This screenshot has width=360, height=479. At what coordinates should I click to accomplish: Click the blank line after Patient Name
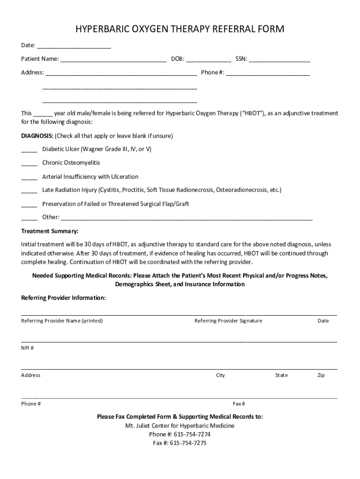click(113, 59)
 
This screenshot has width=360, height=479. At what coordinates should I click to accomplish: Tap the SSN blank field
click(280, 59)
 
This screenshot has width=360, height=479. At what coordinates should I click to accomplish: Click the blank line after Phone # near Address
click(268, 73)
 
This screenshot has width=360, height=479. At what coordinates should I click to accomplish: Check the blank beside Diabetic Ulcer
click(29, 150)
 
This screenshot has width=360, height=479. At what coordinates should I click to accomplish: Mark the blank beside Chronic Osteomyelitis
click(29, 164)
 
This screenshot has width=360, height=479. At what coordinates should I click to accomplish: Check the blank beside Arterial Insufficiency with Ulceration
click(29, 177)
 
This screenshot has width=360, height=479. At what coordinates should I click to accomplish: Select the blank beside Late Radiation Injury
click(29, 191)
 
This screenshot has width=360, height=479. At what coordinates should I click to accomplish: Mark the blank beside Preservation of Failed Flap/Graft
click(29, 205)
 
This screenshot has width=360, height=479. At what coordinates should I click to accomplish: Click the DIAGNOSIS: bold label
click(37, 136)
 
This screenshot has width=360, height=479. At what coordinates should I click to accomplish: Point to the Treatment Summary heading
click(50, 232)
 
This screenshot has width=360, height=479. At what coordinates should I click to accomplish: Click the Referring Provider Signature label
click(228, 321)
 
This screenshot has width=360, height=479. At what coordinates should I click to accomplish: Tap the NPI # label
click(27, 348)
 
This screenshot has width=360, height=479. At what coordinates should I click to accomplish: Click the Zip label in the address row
click(321, 375)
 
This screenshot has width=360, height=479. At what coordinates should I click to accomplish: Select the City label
click(220, 375)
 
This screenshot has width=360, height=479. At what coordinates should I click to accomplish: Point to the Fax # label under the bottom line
click(239, 404)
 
